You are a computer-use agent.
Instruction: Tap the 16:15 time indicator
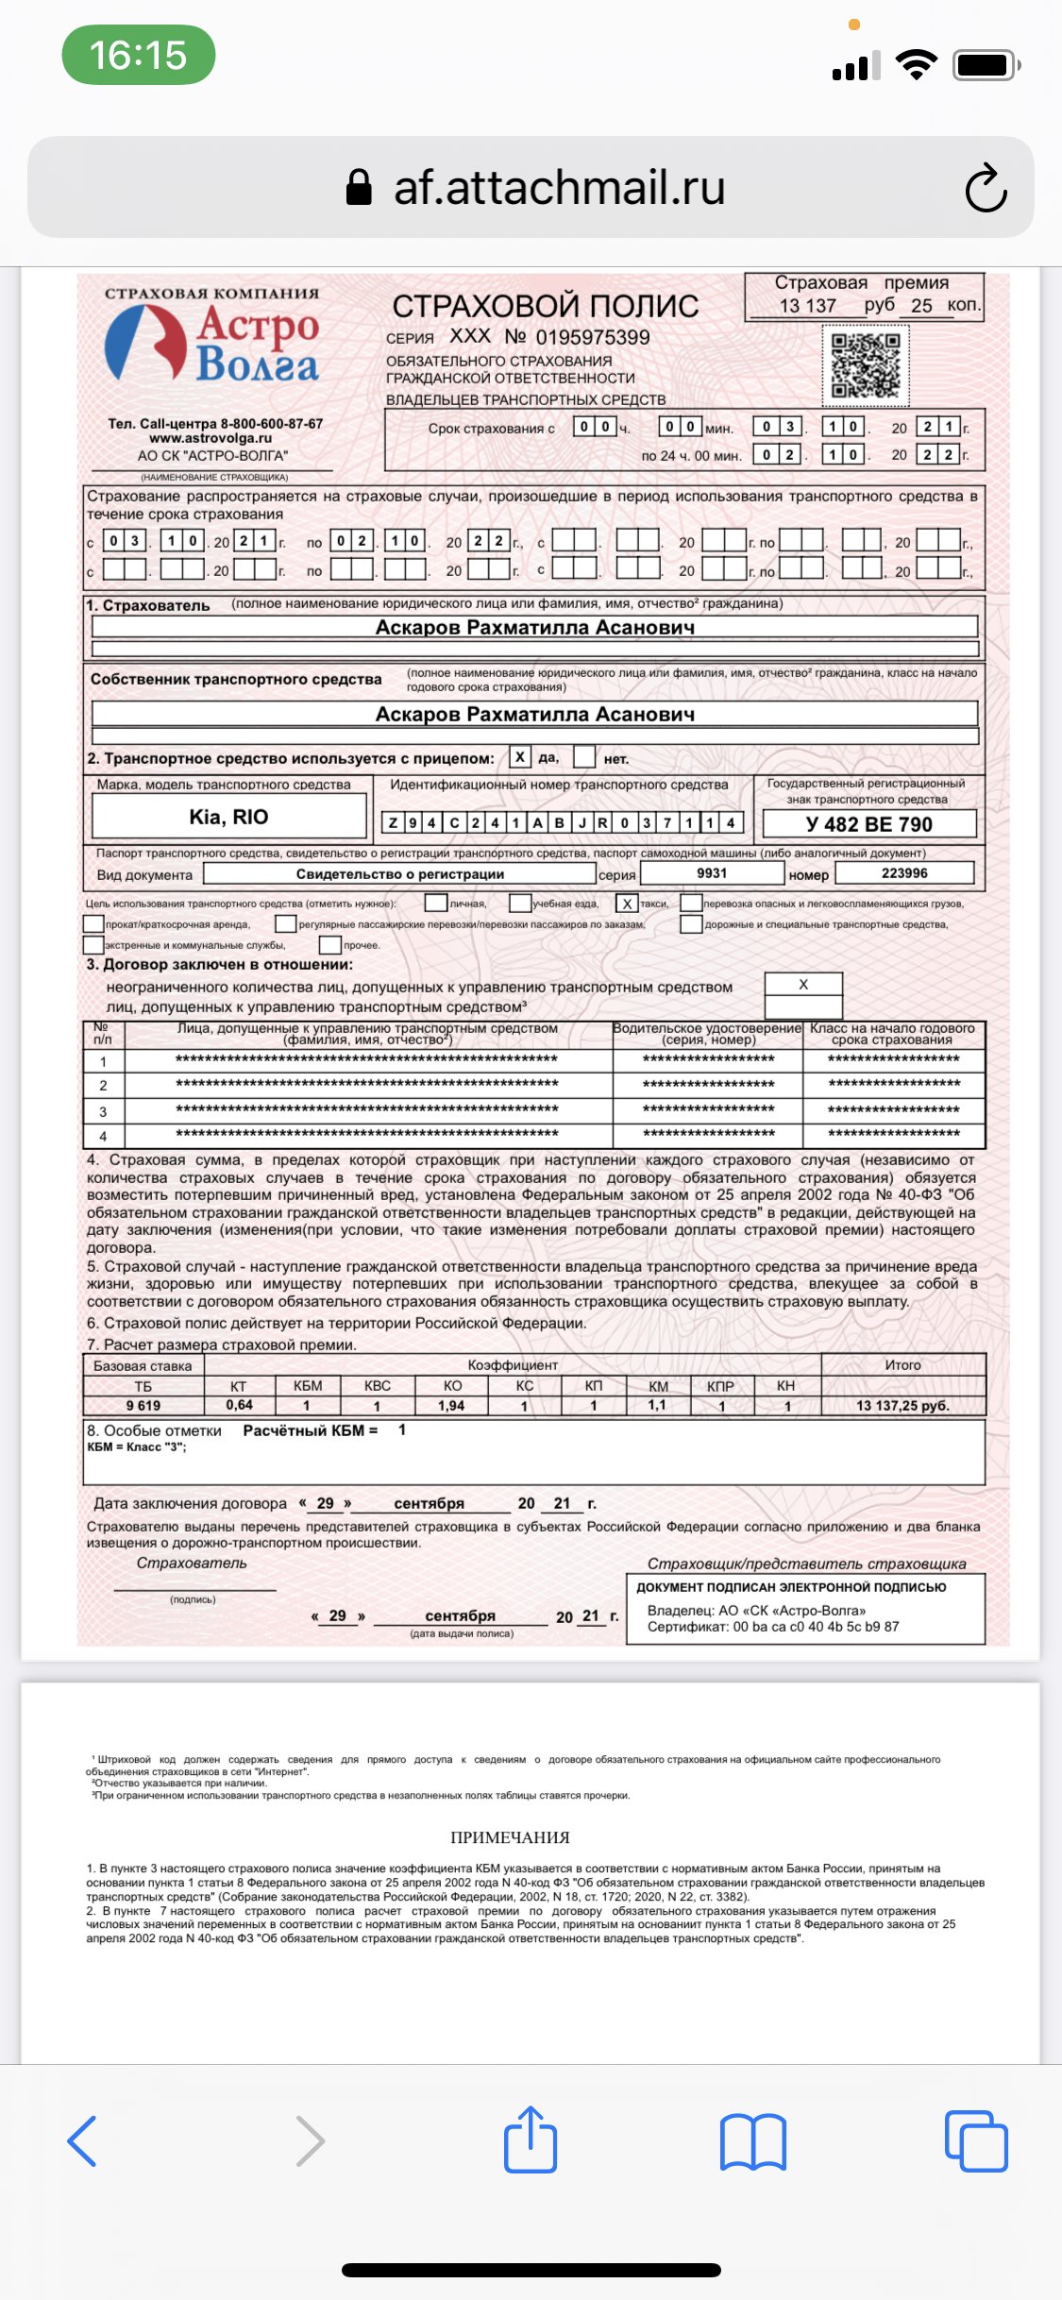[138, 55]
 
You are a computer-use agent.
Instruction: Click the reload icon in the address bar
[986, 188]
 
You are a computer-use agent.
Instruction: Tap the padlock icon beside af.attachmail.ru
[359, 187]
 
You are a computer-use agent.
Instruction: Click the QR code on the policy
[865, 364]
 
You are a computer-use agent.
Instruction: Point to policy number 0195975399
[592, 337]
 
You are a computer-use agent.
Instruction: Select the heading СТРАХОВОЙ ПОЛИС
[545, 306]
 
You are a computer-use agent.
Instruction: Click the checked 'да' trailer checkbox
[519, 757]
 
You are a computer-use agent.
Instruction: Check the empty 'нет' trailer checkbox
[585, 757]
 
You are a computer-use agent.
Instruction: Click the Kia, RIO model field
[228, 817]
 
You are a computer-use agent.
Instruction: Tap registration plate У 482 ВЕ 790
[868, 824]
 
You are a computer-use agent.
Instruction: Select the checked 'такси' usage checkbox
[627, 904]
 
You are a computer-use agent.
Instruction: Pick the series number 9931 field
[712, 873]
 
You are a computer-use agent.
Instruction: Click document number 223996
[903, 873]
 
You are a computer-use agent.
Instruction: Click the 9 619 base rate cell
[143, 1405]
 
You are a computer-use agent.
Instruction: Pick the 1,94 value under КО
[451, 1405]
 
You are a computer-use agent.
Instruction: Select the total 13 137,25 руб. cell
[902, 1405]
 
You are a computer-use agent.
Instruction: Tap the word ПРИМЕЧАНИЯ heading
[510, 1837]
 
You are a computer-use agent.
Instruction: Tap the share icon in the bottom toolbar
[531, 2139]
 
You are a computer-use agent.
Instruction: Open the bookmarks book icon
[752, 2141]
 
